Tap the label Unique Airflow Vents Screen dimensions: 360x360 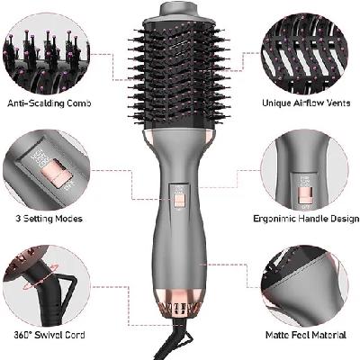click(306, 103)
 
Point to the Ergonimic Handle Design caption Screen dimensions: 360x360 click(306, 217)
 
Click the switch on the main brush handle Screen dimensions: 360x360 click(180, 200)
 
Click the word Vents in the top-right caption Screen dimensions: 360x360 click(334, 103)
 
